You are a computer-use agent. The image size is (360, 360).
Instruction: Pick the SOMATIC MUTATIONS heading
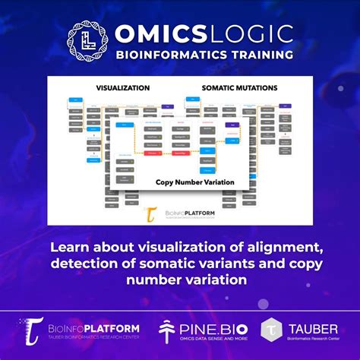(240, 89)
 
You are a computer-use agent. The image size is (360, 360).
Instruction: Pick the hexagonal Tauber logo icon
(272, 328)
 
